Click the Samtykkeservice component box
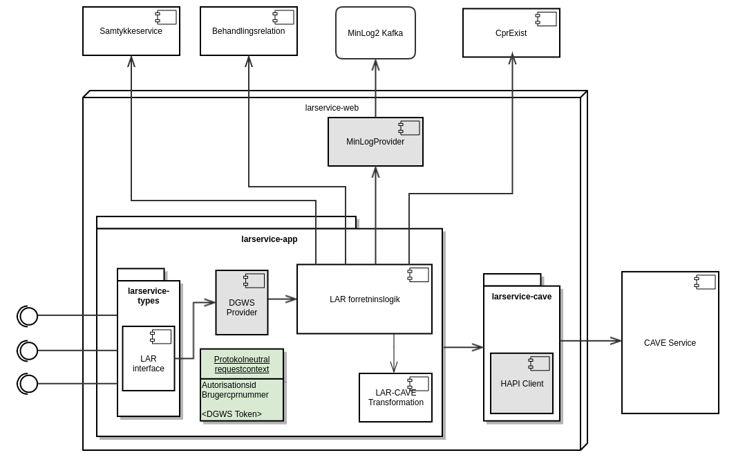[131, 31]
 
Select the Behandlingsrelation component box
[248, 31]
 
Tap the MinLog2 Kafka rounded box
[375, 33]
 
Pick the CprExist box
[511, 33]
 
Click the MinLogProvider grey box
[375, 142]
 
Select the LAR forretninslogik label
[364, 299]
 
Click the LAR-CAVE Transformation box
[395, 398]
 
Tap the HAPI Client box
[522, 384]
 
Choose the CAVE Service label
[670, 343]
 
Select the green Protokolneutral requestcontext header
[242, 364]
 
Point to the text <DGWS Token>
[232, 414]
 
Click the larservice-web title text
[332, 108]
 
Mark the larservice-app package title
[269, 239]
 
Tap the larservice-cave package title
[522, 297]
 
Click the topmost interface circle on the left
[28, 316]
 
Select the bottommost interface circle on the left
[28, 384]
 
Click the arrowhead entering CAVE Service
[616, 341]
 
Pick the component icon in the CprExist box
[546, 19]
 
